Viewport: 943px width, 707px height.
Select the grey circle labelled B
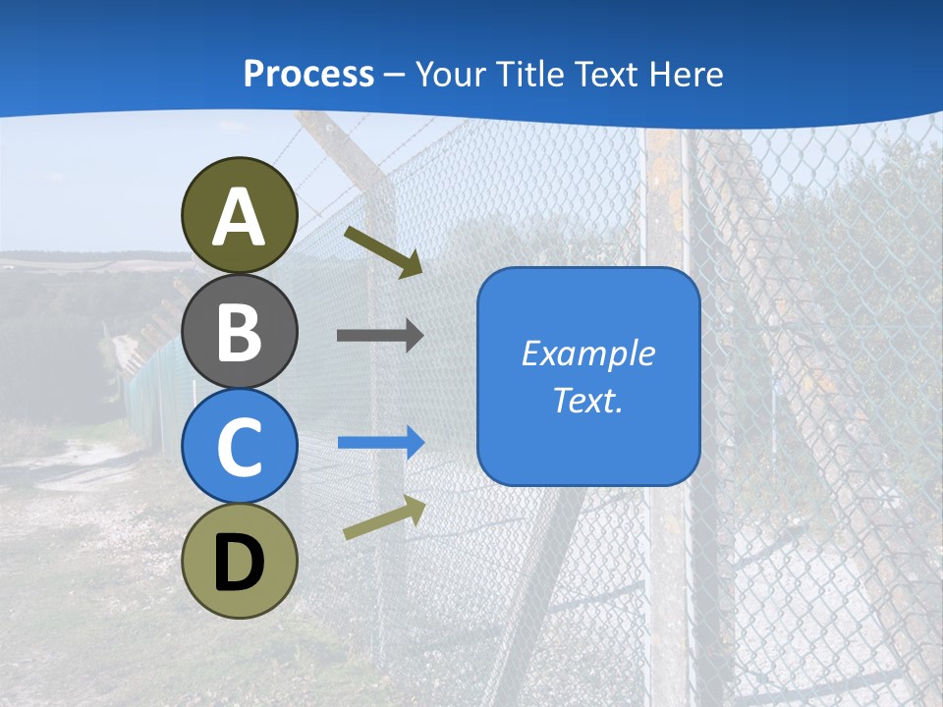point(240,331)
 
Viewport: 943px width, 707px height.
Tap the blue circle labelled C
point(240,447)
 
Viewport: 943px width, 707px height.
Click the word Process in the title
point(308,74)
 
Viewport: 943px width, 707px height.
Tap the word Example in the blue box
point(587,353)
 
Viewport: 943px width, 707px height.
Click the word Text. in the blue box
point(587,401)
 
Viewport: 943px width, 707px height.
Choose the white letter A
point(240,218)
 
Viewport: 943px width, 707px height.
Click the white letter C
point(240,447)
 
